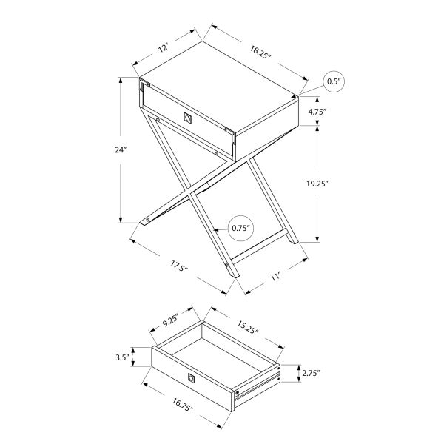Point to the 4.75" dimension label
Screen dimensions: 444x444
(x=318, y=112)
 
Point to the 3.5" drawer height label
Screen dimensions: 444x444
(x=123, y=358)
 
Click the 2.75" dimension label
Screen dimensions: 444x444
(x=310, y=373)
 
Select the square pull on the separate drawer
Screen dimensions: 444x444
(x=192, y=379)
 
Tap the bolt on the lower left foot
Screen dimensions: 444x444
(x=148, y=220)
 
